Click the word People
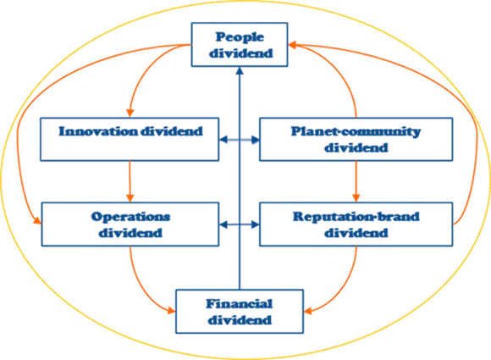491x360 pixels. point(240,37)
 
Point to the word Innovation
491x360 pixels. point(98,131)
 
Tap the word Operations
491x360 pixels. point(130,217)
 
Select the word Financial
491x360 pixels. point(240,303)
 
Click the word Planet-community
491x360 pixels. point(356,131)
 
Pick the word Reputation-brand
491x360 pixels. point(356,217)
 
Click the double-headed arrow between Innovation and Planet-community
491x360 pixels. point(240,140)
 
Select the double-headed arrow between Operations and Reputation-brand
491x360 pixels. point(240,224)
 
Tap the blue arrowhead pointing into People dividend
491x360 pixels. point(240,70)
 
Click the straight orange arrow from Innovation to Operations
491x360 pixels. point(130,182)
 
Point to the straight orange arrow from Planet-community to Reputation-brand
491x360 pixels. point(356,182)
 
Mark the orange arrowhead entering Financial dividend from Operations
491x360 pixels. point(172,310)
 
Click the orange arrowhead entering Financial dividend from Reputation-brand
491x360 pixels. point(308,311)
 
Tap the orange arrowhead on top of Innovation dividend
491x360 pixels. point(130,114)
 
